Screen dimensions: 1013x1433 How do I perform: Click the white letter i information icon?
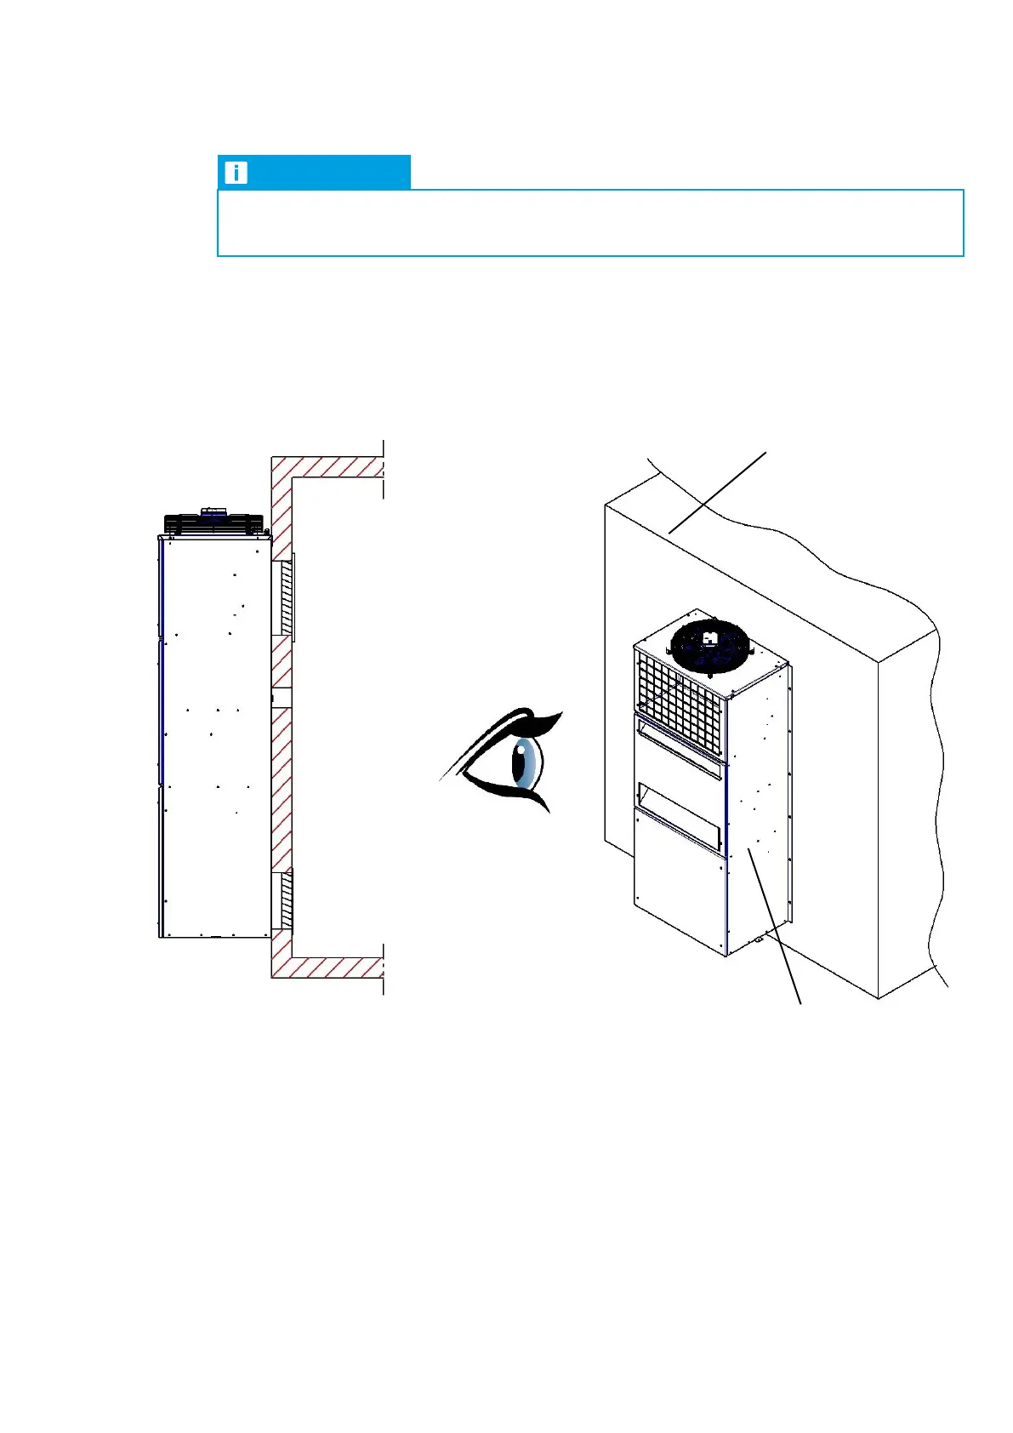pos(235,173)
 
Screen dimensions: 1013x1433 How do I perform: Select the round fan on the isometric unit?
pos(710,646)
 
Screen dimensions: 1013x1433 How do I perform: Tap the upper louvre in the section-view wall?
pos(286,597)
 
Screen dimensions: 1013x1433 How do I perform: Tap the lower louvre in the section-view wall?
pos(286,900)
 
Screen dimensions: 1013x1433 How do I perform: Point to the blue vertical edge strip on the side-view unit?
pos(160,732)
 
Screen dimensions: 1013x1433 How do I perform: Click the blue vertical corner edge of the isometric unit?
pos(726,851)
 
